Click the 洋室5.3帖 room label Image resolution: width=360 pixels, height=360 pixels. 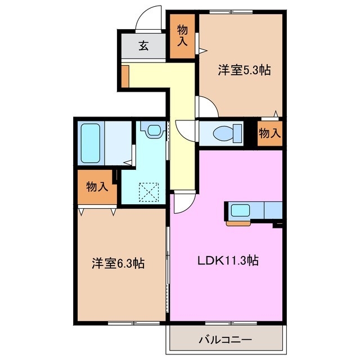[x=244, y=71]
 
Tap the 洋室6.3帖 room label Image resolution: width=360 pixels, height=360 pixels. [x=118, y=263]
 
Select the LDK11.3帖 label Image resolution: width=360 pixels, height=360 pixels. [x=227, y=261]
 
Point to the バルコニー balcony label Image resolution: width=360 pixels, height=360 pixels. [x=225, y=340]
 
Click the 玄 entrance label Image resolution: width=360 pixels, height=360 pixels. [x=144, y=46]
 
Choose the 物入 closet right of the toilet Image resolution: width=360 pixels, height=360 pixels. [x=270, y=133]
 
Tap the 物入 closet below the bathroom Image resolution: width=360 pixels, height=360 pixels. [x=97, y=187]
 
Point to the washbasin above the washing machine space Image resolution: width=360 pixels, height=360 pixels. [x=152, y=130]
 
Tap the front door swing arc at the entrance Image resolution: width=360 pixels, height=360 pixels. [x=150, y=17]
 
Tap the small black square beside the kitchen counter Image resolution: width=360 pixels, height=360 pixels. [x=277, y=226]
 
